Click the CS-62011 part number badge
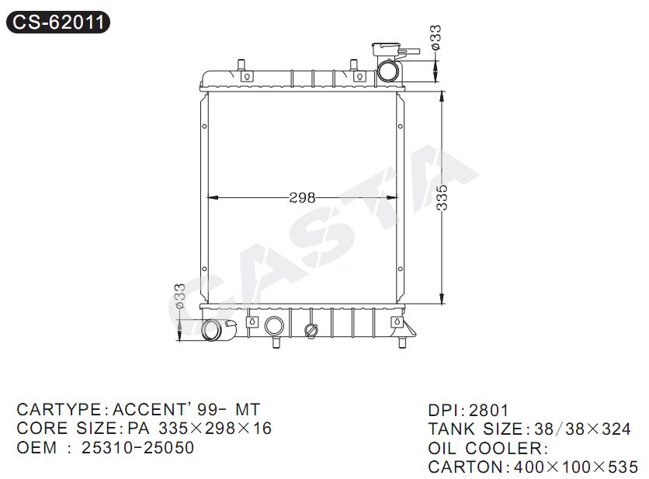(x=58, y=22)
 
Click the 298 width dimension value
(x=302, y=198)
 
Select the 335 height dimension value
(x=442, y=197)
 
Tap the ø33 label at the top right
(x=435, y=38)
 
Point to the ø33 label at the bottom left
(x=179, y=296)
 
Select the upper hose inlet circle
(x=389, y=71)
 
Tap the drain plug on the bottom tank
(x=311, y=330)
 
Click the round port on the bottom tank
(x=274, y=326)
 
